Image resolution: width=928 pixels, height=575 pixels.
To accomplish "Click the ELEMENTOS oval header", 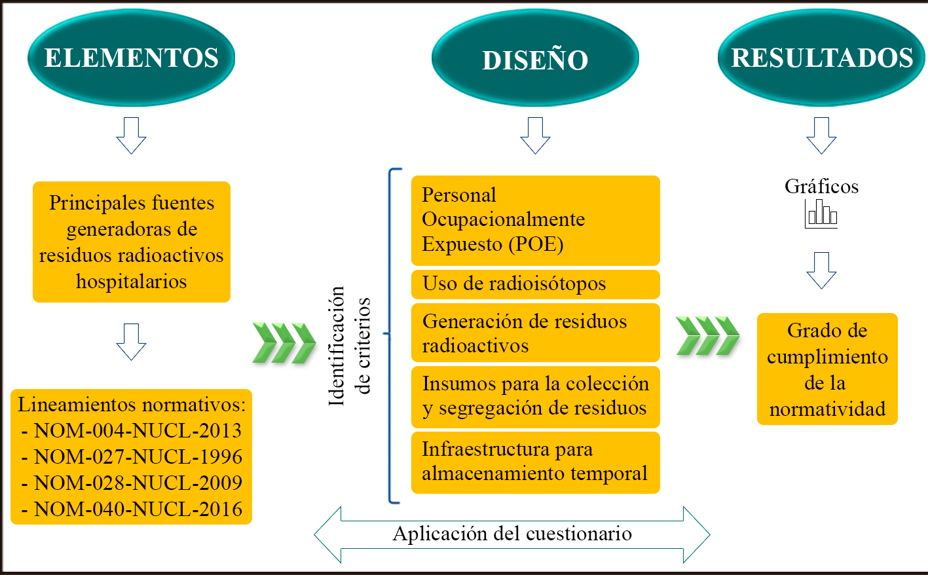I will (131, 58).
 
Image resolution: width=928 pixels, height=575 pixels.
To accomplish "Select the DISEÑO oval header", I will (535, 59).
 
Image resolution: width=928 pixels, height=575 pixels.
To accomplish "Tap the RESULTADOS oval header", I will (821, 58).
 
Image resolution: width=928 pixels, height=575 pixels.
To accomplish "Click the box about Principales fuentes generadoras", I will (132, 242).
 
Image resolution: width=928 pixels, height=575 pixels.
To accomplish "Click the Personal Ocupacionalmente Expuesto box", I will (535, 220).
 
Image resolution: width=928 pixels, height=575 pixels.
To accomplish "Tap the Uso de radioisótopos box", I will (535, 284).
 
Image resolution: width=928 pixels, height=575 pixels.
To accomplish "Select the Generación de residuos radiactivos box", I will (535, 333).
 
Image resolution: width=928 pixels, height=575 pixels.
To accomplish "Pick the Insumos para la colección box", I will (535, 397).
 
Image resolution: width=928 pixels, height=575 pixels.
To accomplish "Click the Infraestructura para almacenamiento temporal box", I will (535, 462).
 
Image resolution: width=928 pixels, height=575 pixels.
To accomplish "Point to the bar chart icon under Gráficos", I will (821, 213).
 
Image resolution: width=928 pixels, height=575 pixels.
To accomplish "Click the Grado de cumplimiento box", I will (827, 369).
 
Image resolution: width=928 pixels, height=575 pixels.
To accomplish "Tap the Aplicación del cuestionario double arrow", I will (512, 534).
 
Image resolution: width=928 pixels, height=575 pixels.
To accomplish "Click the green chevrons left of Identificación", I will (284, 343).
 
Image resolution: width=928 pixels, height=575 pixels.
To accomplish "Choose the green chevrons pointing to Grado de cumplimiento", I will (707, 335).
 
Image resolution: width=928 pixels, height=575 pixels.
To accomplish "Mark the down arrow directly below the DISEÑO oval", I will (535, 136).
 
